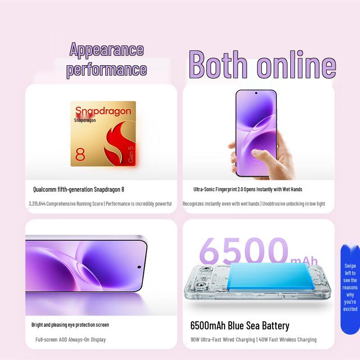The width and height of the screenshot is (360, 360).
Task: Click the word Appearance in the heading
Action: click(x=107, y=49)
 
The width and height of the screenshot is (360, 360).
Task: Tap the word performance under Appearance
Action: click(x=107, y=69)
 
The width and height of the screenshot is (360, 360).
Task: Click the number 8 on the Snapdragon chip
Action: click(x=80, y=153)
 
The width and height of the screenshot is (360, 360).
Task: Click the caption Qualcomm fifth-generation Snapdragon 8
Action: click(x=79, y=189)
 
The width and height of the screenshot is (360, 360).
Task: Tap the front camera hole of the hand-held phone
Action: click(x=256, y=94)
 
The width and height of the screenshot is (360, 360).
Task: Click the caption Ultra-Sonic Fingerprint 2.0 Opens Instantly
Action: click(x=247, y=189)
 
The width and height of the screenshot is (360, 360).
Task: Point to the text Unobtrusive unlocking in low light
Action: click(x=293, y=204)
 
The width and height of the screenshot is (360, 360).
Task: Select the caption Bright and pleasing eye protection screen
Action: click(x=70, y=324)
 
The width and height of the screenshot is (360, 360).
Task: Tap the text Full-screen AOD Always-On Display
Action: click(x=71, y=339)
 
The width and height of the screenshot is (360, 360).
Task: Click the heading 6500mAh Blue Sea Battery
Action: click(x=240, y=325)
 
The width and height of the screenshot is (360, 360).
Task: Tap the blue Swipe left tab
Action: click(x=350, y=288)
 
